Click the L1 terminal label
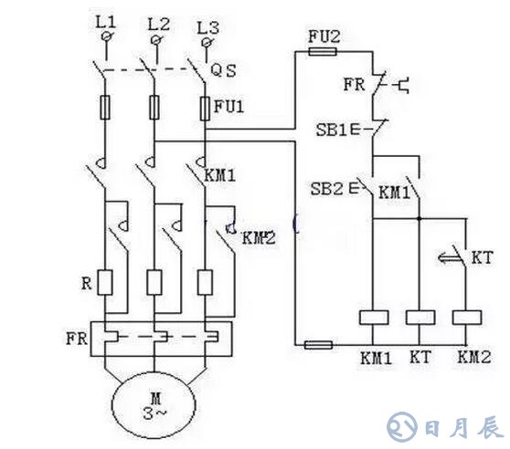tap(106, 22)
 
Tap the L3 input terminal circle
tap(206, 42)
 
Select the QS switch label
tap(223, 70)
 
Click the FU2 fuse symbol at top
tap(323, 51)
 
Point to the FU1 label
tap(228, 106)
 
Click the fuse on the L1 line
tap(105, 108)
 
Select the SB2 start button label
tap(326, 188)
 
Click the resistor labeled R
tap(105, 283)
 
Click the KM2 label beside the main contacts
tap(259, 238)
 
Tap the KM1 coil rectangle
tap(374, 318)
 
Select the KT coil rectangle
tap(420, 318)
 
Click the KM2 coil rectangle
tap(467, 318)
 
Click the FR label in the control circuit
tap(355, 85)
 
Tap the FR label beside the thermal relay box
tap(77, 339)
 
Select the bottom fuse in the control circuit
tap(318, 345)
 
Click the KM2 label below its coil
tap(473, 357)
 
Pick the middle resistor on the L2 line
tap(154, 283)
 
